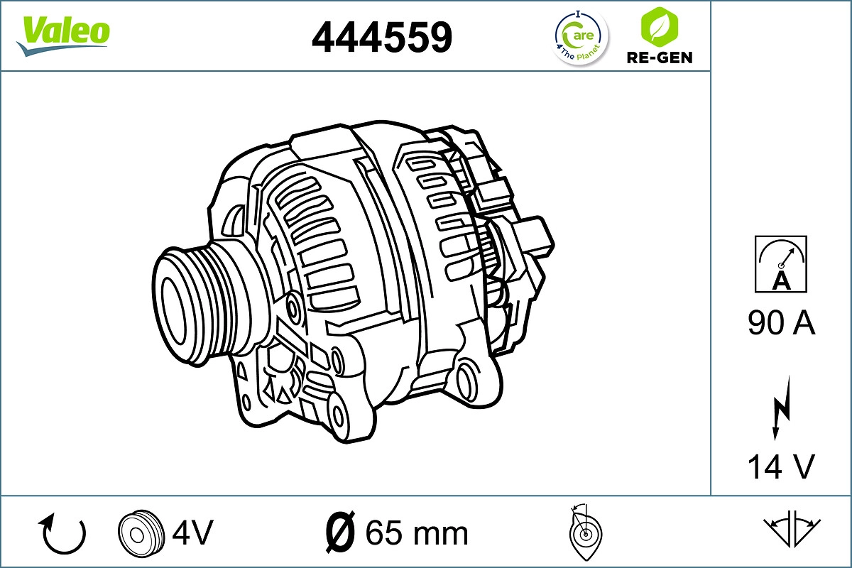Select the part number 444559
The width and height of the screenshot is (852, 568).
point(382,37)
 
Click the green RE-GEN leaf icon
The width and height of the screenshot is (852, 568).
point(658,27)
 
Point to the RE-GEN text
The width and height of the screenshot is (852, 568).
point(659,58)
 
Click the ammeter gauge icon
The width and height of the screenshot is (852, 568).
point(781,263)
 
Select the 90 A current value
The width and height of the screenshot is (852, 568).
point(781,324)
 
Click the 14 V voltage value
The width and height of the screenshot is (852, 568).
point(781,466)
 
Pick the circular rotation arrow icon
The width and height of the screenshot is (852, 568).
point(64,534)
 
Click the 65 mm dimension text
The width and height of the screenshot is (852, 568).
point(416,532)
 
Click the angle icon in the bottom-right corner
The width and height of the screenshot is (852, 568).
point(792,529)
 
